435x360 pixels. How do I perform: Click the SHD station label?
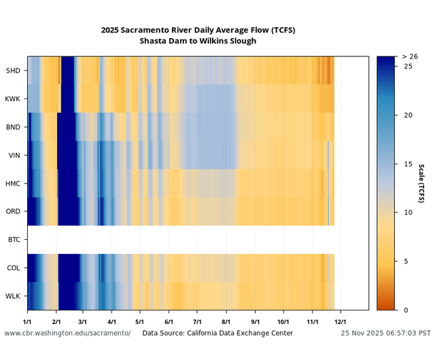pyautogui.click(x=13, y=71)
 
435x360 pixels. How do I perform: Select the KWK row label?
pyautogui.click(x=13, y=99)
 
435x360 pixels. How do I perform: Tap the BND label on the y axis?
pyautogui.click(x=13, y=127)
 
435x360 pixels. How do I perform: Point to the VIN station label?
pyautogui.click(x=14, y=156)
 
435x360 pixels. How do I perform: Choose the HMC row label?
pyautogui.click(x=13, y=183)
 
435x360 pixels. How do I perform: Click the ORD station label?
pyautogui.click(x=13, y=212)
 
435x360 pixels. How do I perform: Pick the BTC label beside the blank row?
pyautogui.click(x=14, y=240)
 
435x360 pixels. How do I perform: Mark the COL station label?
pyautogui.click(x=14, y=268)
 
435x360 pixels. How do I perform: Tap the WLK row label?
pyautogui.click(x=13, y=296)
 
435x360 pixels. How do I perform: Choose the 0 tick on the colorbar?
pyautogui.click(x=405, y=310)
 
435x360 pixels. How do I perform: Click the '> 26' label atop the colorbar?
pyautogui.click(x=410, y=56)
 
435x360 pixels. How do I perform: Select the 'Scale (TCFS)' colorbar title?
pyautogui.click(x=421, y=183)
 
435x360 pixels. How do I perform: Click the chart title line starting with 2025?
pyautogui.click(x=198, y=30)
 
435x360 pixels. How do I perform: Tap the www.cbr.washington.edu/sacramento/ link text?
pyautogui.click(x=67, y=334)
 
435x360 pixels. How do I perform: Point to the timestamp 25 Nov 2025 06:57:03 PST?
pyautogui.click(x=385, y=334)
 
